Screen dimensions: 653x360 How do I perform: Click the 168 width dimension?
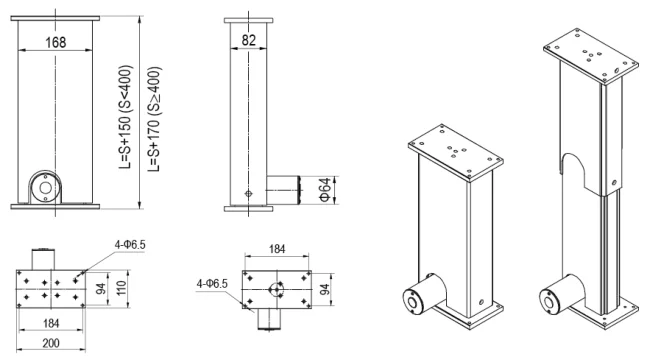55,42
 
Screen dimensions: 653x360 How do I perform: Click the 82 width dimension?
248,40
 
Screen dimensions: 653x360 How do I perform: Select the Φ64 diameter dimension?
325,190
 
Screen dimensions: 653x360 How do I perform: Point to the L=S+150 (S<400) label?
125,117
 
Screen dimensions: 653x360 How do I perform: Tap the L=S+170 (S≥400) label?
154,118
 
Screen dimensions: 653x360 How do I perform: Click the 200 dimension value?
51,343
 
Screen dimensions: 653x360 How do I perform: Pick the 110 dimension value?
121,288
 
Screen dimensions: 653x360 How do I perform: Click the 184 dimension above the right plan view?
277,249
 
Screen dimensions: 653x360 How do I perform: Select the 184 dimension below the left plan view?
51,323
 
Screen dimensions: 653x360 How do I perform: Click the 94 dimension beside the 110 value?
101,288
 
